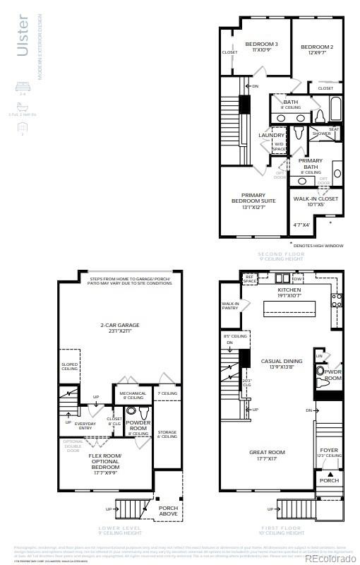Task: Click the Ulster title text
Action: [23, 35]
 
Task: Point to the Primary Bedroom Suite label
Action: [253, 201]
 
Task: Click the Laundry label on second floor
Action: [271, 136]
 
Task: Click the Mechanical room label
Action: [133, 395]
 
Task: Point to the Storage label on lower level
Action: [167, 434]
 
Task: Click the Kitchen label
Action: [289, 292]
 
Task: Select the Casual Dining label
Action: [282, 364]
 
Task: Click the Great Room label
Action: [267, 456]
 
